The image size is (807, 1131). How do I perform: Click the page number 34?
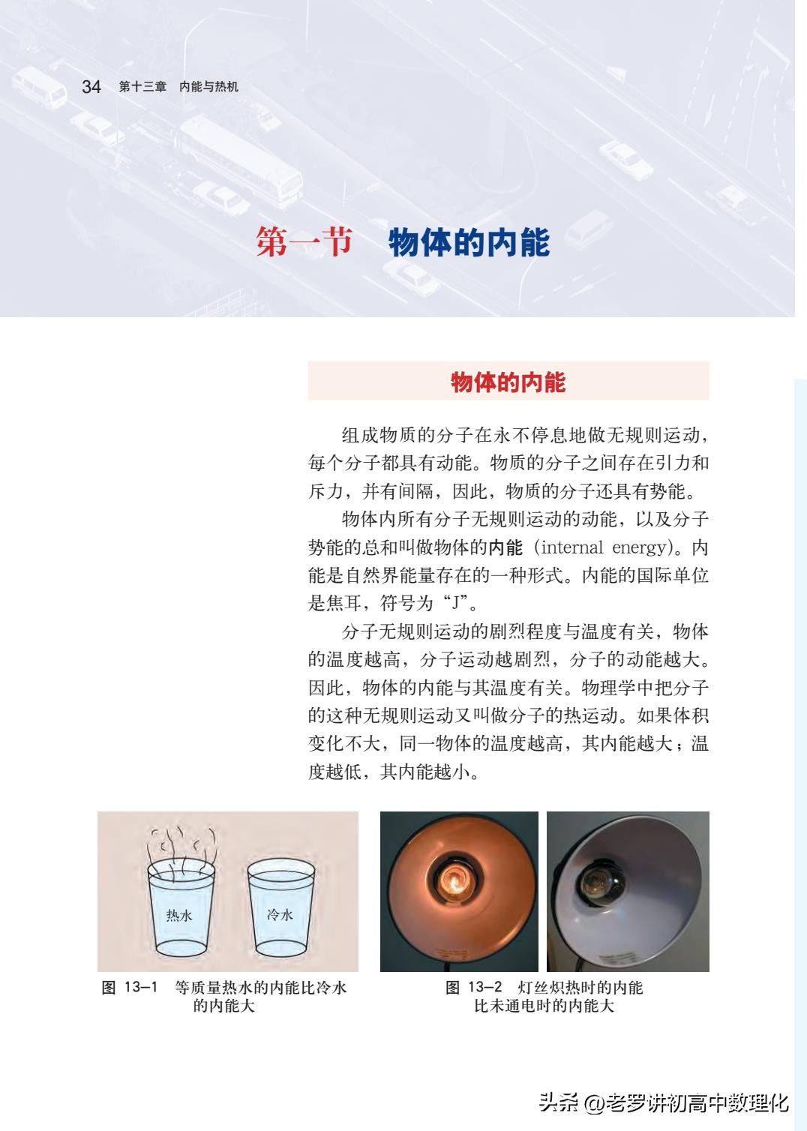[91, 86]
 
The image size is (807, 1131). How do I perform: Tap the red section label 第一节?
[304, 241]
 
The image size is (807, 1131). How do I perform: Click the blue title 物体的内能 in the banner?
[469, 243]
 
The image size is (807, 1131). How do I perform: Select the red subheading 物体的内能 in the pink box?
[508, 382]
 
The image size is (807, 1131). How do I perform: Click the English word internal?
[571, 547]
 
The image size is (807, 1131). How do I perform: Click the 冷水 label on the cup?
[280, 914]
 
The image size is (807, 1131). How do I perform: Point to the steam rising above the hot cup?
[181, 848]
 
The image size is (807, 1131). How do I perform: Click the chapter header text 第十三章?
[142, 87]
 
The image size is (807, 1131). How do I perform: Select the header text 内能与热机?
[208, 87]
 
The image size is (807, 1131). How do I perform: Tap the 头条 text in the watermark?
[557, 1103]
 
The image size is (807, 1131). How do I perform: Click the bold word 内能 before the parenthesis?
[505, 547]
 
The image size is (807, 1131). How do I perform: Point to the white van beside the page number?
[38, 87]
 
